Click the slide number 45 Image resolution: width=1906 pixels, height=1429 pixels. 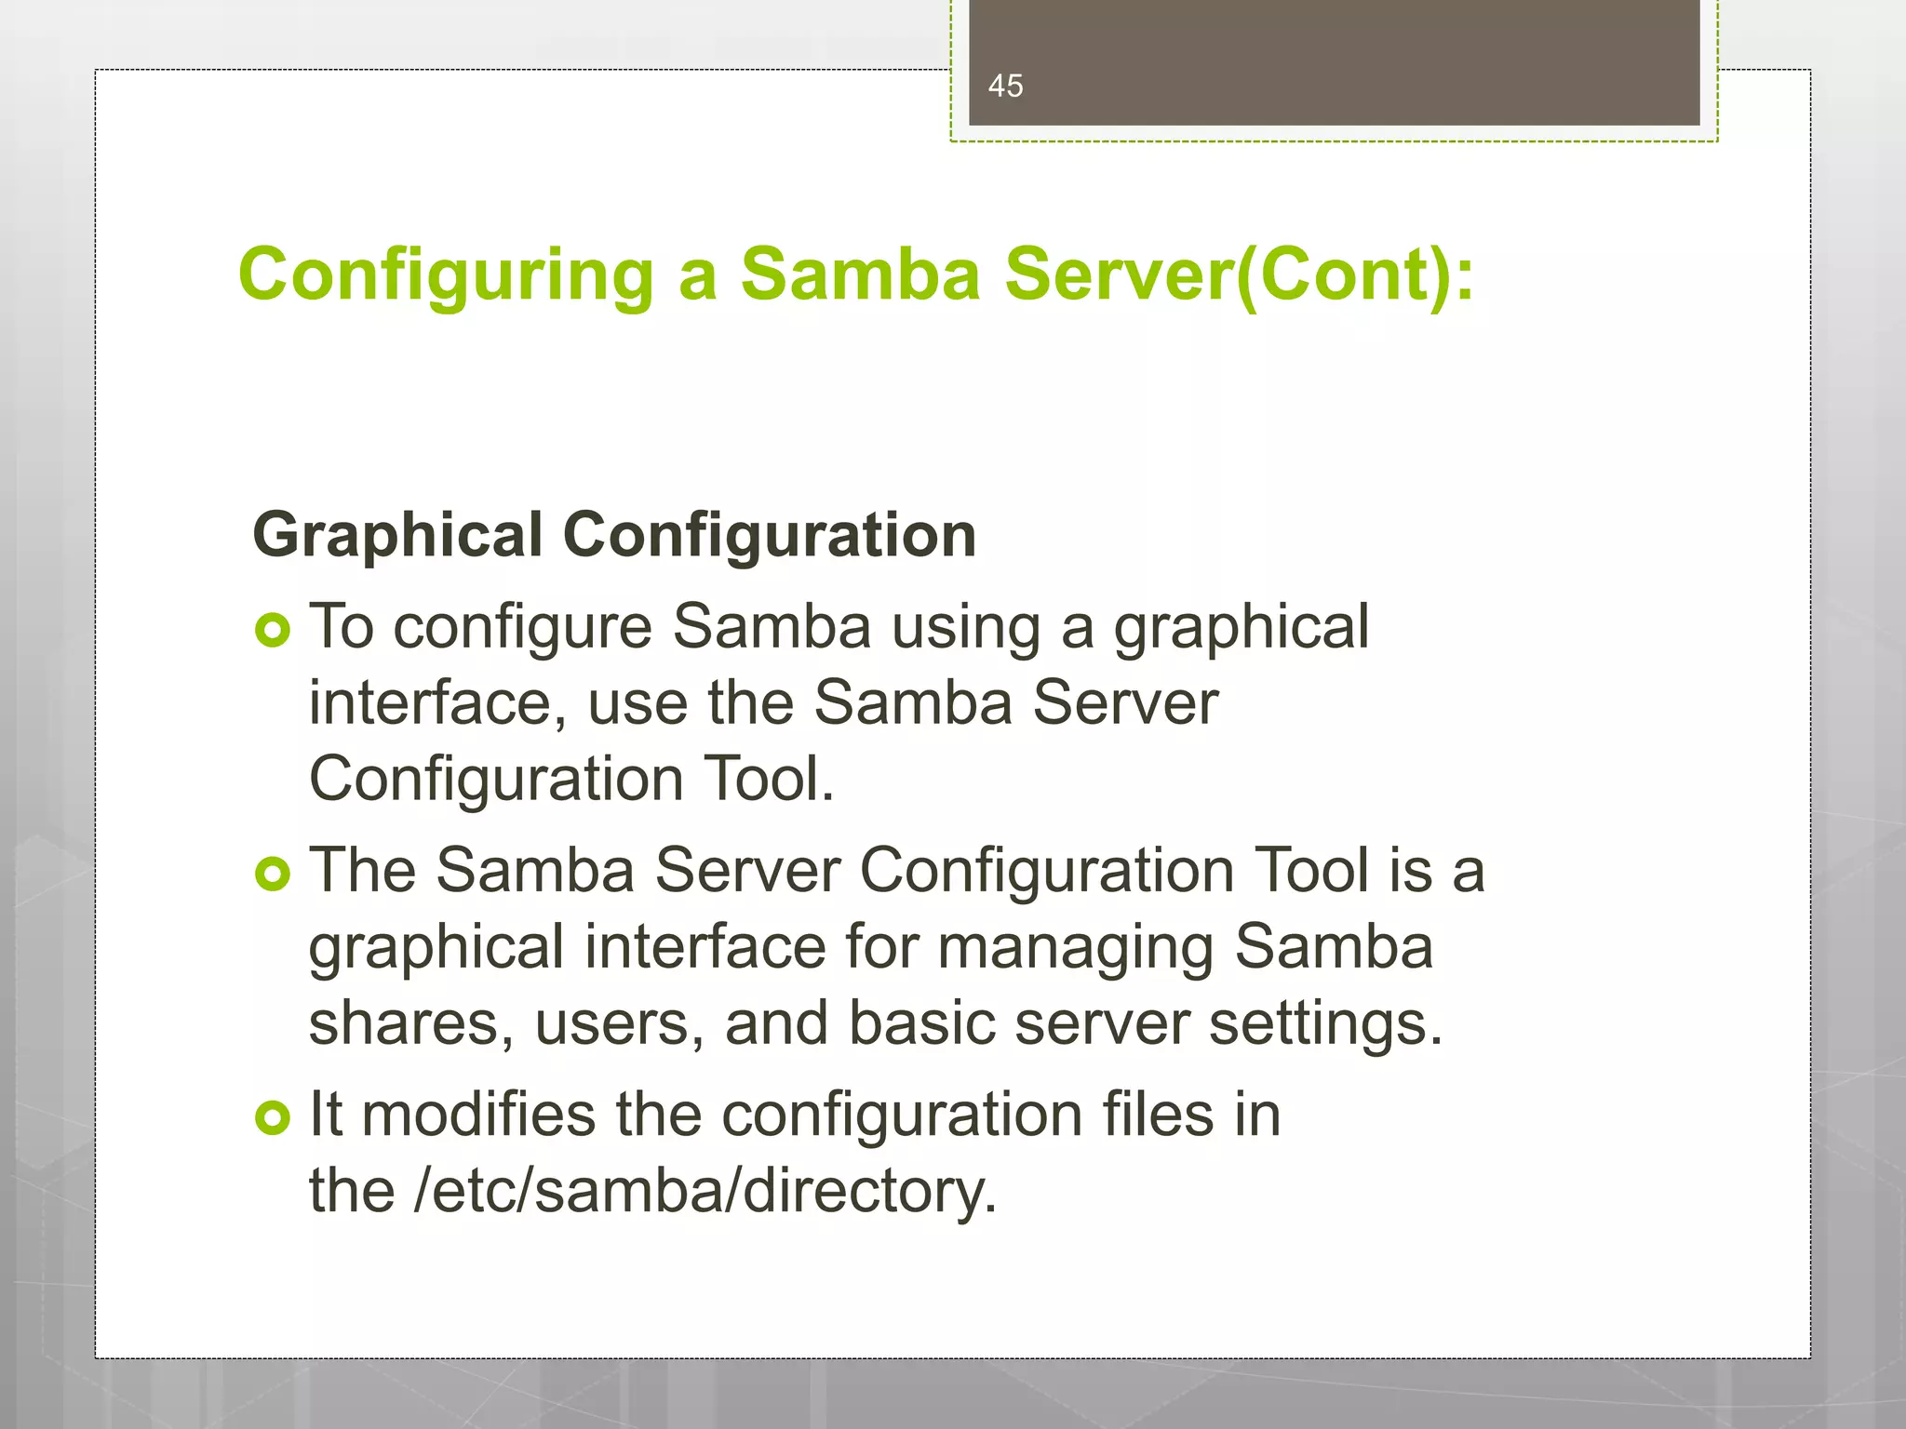click(1005, 87)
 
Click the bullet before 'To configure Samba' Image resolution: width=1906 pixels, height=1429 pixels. click(273, 632)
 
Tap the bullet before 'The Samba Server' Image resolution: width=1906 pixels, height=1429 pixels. click(273, 875)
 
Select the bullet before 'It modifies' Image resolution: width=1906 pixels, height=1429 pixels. click(273, 1117)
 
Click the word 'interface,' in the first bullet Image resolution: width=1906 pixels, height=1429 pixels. click(437, 702)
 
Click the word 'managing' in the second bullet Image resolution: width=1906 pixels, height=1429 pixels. click(1075, 948)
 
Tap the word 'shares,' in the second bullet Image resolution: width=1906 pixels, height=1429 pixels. click(410, 1024)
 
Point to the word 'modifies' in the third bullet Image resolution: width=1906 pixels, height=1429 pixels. click(478, 1115)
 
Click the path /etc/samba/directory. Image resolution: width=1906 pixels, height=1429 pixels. click(705, 1191)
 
